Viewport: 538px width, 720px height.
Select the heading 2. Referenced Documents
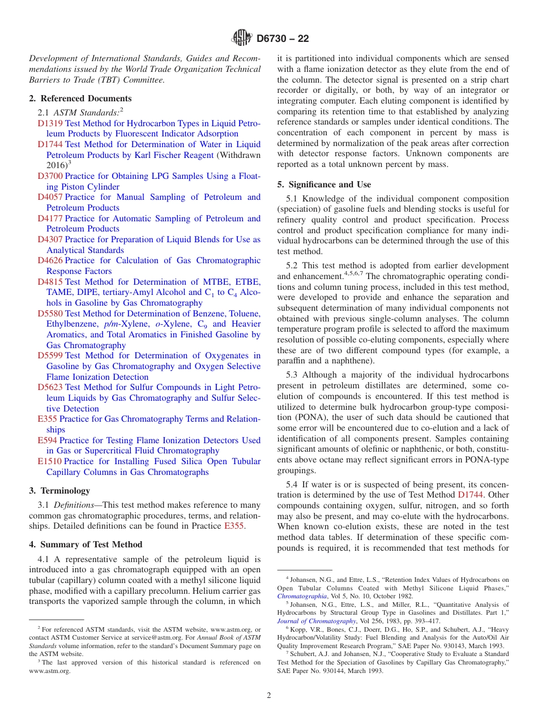point(80,98)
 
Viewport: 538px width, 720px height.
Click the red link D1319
point(50,123)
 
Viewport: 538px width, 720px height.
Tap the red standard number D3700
point(50,176)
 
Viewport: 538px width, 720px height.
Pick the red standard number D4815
point(50,282)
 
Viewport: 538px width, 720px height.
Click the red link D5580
point(50,314)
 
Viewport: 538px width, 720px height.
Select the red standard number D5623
point(50,388)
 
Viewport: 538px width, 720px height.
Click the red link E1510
point(49,462)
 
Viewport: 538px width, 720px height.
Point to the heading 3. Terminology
point(59,491)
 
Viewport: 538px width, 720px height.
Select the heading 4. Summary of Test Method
point(86,545)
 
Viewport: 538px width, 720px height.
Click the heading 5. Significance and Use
point(324,185)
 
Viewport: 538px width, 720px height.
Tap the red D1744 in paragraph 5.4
point(469,495)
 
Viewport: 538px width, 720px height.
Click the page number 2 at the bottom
point(269,696)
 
